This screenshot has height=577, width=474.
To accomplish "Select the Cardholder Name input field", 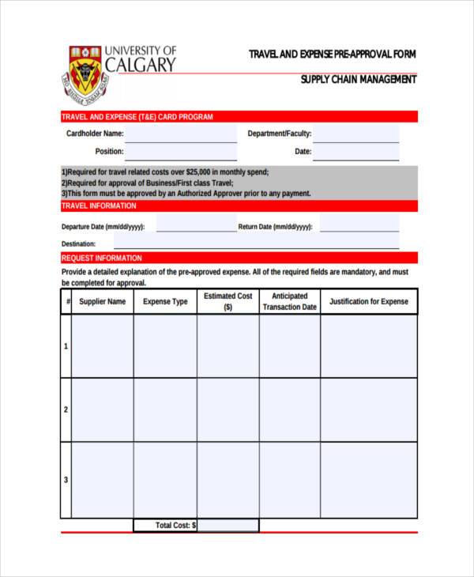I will (x=180, y=134).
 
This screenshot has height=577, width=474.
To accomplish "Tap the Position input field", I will (x=180, y=151).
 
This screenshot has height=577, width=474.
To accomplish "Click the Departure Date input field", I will (x=196, y=226).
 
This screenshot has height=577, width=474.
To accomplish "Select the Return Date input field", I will (x=359, y=226).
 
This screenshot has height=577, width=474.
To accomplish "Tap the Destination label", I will (x=79, y=244).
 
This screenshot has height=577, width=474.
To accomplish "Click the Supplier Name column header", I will (x=102, y=302).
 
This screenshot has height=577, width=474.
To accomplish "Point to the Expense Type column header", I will (x=165, y=302).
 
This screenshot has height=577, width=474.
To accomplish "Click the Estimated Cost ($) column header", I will (x=228, y=302).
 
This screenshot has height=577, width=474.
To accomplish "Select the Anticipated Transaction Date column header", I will (x=289, y=302).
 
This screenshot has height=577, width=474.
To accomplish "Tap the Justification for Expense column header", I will (x=368, y=302).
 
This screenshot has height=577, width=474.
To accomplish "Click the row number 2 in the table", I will (x=66, y=409).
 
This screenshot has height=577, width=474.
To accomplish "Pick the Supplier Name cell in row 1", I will (x=102, y=346).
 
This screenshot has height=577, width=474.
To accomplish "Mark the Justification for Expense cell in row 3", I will (x=368, y=480).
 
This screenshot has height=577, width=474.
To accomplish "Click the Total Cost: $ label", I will (x=175, y=525).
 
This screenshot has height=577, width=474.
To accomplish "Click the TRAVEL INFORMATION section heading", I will (x=99, y=206).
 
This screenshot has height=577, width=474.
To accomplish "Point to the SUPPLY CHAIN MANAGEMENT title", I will (x=358, y=80).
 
